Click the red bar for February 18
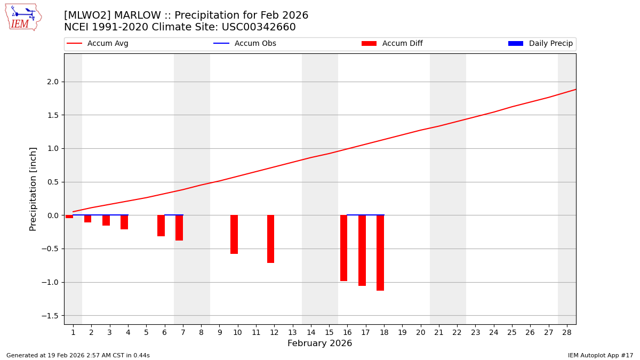380,253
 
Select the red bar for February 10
234,235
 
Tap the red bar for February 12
270,239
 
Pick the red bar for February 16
343,248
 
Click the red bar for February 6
161,226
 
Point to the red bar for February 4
124,222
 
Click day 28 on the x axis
567,332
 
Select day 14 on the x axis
311,332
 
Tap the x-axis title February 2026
319,343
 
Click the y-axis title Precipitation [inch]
33,189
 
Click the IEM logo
23,17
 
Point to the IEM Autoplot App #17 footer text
600,355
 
